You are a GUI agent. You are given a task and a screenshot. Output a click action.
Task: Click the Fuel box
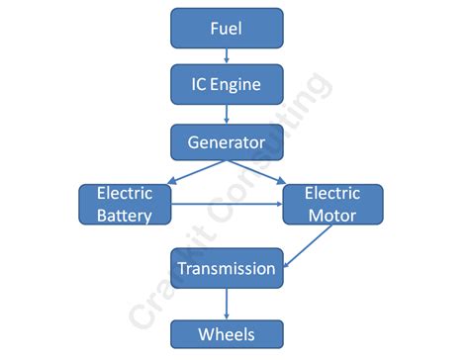pos(227,28)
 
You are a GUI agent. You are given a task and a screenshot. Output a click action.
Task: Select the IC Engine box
pos(227,84)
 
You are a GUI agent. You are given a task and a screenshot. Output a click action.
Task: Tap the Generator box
pos(227,141)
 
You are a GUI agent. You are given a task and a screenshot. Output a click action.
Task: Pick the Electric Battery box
pos(124,204)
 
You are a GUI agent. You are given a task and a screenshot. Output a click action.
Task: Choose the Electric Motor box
pos(331,204)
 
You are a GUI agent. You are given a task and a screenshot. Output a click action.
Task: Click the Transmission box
pos(227,268)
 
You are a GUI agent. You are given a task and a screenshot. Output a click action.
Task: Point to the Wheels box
pos(227,333)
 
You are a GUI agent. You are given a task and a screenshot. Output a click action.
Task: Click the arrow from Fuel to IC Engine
pos(227,56)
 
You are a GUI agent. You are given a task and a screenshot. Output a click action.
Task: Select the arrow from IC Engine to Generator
pos(227,114)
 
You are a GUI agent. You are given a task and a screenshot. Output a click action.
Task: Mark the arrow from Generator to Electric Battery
pos(198,170)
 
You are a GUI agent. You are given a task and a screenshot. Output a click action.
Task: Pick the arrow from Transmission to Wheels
pos(227,303)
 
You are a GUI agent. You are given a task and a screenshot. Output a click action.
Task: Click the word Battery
pos(125,215)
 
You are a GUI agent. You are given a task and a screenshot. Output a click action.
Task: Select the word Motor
pos(331,215)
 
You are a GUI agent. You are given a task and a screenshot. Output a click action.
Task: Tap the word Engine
pos(238,85)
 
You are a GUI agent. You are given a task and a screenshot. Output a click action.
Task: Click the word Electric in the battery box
pos(125,193)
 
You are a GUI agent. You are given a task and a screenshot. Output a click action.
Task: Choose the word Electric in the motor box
pos(332,193)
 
